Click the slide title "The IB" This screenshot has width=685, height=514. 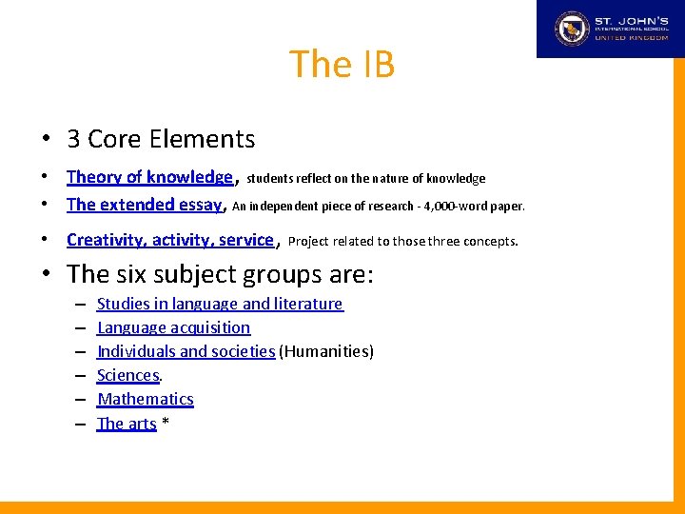click(342, 65)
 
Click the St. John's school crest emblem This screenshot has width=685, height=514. click(573, 29)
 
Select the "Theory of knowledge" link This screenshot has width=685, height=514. click(149, 177)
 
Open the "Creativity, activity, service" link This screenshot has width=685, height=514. click(170, 240)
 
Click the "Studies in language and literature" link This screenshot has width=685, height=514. click(220, 304)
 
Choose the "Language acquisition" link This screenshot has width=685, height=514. click(174, 327)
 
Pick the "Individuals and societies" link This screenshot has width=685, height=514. click(186, 351)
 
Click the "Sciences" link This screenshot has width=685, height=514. click(127, 375)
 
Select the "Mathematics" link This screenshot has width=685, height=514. click(146, 399)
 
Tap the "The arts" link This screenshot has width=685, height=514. click(127, 424)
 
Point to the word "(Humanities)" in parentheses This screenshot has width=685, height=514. click(326, 351)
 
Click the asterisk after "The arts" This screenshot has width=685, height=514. click(166, 422)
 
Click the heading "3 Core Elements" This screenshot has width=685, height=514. click(161, 139)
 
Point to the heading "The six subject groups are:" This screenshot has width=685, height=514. click(221, 274)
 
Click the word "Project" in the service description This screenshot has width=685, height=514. click(308, 241)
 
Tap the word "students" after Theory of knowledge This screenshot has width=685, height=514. click(270, 178)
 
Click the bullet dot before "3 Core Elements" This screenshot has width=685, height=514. click(46, 140)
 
